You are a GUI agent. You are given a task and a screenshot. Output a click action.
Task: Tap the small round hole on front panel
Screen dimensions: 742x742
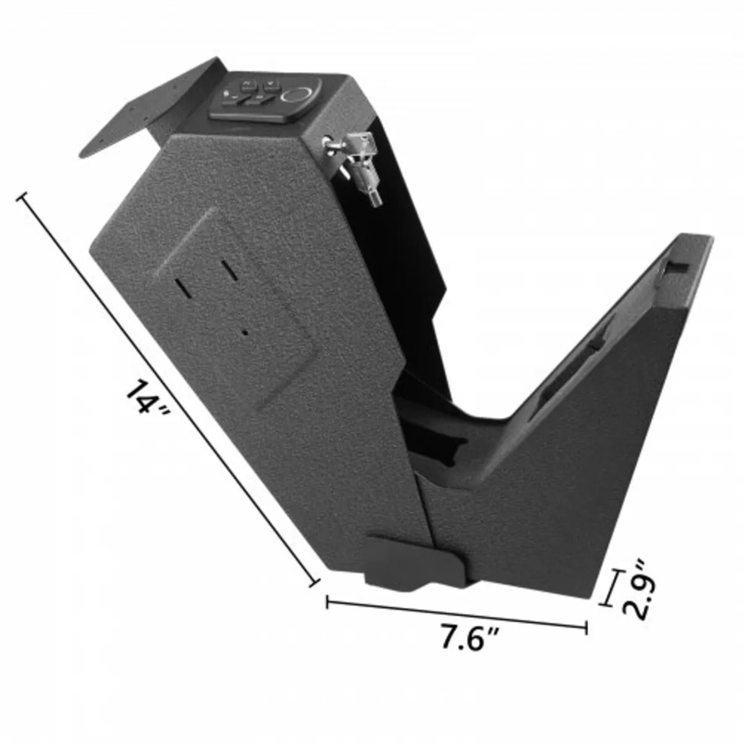[x=245, y=332]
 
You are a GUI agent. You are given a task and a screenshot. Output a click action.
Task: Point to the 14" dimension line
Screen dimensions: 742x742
[x=167, y=383]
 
